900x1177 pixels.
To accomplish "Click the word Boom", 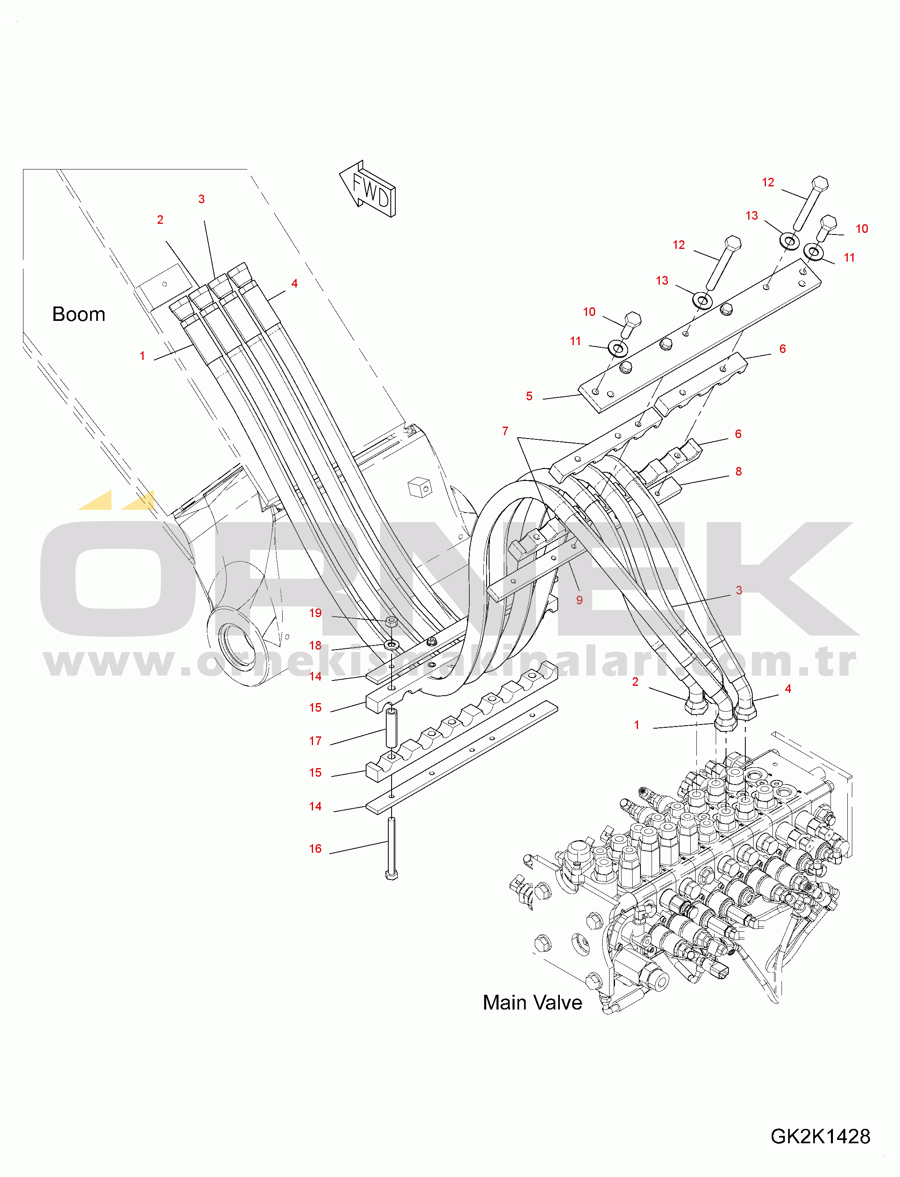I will [79, 314].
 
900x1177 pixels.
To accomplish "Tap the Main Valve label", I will [532, 1002].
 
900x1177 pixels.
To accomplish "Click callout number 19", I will [315, 613].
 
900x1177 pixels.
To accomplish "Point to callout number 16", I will [315, 849].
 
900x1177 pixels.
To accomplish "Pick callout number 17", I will [315, 741].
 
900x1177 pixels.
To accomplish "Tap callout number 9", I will [579, 600].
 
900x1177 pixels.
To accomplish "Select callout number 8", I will [738, 471].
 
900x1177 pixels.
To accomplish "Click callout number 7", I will [505, 431].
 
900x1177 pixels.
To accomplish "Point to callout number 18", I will [315, 645].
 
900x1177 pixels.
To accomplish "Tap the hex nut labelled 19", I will [392, 622].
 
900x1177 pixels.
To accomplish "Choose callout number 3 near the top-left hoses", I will [202, 199].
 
